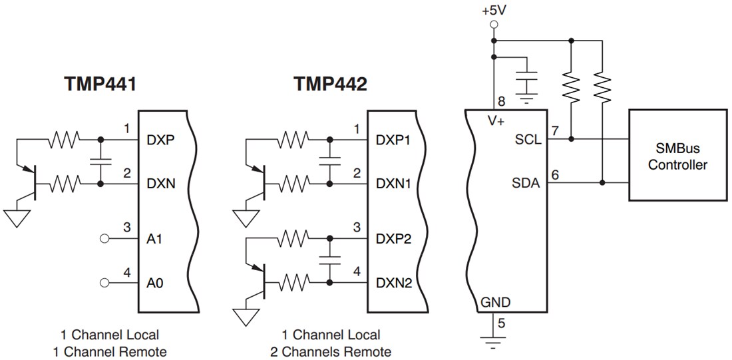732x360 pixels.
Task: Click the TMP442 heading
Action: (329, 85)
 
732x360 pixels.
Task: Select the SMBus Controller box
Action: (677, 157)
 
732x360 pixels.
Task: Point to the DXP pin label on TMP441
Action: (160, 140)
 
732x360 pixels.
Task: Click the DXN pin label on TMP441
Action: (160, 184)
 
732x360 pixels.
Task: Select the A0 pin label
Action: (154, 283)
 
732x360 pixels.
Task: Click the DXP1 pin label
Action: (394, 140)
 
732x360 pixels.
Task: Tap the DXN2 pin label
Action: (394, 283)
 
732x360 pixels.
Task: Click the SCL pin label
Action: (530, 140)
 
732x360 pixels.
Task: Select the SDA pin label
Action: (529, 184)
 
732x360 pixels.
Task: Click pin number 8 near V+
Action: (502, 102)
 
